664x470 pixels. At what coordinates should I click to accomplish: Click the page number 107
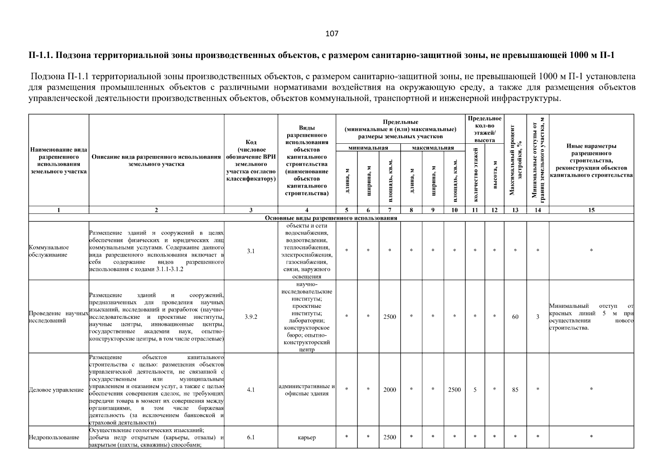click(x=332, y=34)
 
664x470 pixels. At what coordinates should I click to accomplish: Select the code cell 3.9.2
click(x=251, y=317)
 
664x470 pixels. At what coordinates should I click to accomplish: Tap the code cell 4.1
click(x=251, y=390)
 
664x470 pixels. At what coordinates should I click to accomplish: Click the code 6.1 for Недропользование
click(x=251, y=437)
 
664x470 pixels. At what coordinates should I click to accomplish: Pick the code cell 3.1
click(x=251, y=251)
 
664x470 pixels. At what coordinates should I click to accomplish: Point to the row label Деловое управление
click(x=56, y=390)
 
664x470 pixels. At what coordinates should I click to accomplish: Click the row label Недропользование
click(x=54, y=437)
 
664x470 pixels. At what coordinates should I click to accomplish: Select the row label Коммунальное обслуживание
click(x=49, y=251)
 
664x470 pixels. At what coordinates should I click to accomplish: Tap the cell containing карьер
click(x=307, y=437)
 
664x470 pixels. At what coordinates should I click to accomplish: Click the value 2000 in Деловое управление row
click(x=390, y=390)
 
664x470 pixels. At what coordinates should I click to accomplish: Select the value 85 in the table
click(x=515, y=390)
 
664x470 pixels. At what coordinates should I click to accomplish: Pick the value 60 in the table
click(x=515, y=317)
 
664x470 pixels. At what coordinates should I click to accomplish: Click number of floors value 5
click(x=475, y=390)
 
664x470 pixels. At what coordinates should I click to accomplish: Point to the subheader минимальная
click(x=368, y=148)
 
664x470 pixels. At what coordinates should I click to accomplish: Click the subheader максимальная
click(x=433, y=148)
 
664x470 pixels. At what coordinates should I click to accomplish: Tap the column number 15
click(x=591, y=210)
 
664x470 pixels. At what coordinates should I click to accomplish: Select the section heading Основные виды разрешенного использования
click(x=331, y=218)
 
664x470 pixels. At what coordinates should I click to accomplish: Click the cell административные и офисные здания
click(x=307, y=390)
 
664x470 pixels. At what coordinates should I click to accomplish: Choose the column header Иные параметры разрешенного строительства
click(x=591, y=161)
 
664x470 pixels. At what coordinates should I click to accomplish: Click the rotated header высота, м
click(x=495, y=175)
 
